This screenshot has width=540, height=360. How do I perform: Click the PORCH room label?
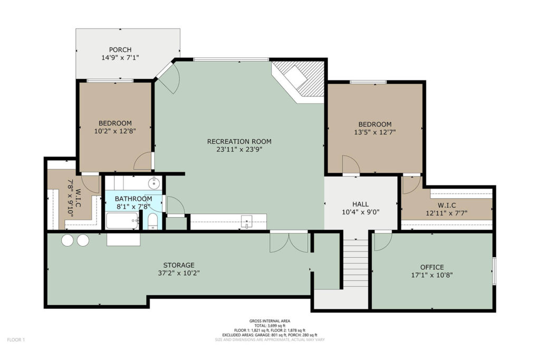click(120, 50)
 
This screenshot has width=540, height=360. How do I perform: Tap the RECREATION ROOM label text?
click(239, 141)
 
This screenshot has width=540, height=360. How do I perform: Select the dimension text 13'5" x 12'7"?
click(375, 132)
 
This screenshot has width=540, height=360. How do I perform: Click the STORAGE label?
click(179, 265)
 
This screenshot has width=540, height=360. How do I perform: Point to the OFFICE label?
click(432, 267)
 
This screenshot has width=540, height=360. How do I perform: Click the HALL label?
click(361, 204)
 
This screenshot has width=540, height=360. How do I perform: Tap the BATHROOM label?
click(133, 199)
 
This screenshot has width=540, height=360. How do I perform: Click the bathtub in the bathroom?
click(122, 221)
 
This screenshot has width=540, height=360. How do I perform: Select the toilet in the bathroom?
click(152, 221)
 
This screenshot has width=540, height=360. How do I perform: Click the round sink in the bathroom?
click(154, 183)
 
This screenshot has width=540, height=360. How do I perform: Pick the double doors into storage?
click(288, 241)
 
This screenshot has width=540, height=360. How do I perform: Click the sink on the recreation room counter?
click(247, 221)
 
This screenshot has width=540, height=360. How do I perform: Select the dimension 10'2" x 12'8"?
click(115, 131)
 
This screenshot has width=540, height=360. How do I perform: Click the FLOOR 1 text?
click(16, 340)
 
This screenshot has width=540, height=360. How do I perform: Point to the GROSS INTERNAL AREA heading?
click(269, 321)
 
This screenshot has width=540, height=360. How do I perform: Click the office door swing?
click(383, 241)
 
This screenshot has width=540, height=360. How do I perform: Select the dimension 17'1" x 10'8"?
click(432, 275)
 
